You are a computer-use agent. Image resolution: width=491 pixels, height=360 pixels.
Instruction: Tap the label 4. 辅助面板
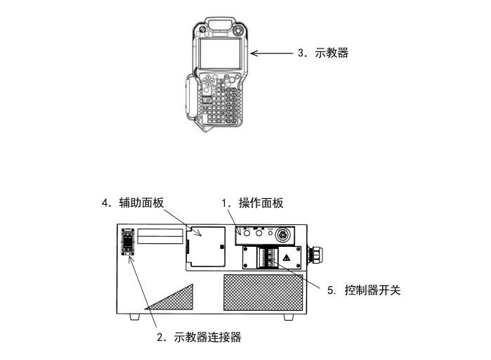pyautogui.click(x=132, y=203)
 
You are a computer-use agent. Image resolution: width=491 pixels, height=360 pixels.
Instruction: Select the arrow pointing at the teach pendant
pyautogui.click(x=270, y=53)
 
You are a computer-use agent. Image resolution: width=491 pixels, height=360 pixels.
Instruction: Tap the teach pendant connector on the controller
pyautogui.click(x=129, y=243)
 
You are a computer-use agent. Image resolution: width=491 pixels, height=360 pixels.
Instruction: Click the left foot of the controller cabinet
pyautogui.click(x=133, y=317)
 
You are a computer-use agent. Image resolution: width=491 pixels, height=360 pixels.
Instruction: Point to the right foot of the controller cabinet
pyautogui.click(x=288, y=317)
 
